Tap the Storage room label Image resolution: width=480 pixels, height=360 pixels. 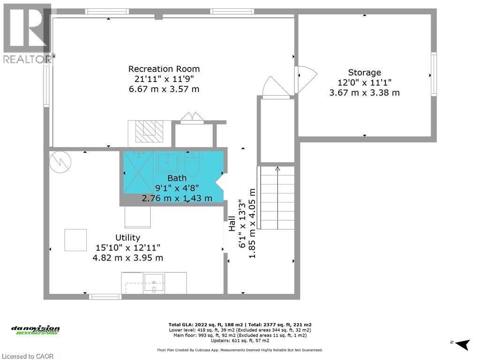[x=364, y=73]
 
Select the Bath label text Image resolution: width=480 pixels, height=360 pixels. [x=177, y=178]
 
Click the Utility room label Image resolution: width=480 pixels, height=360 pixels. [x=127, y=238]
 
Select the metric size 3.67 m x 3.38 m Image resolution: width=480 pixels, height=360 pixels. [x=364, y=93]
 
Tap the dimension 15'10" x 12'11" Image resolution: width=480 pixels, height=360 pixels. [x=127, y=247]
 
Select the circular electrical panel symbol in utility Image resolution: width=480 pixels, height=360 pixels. [x=60, y=162]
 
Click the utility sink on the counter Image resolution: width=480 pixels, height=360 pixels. [x=154, y=282]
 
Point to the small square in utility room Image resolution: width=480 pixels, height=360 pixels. [x=75, y=240]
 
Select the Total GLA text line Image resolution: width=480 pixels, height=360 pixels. [x=240, y=324]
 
